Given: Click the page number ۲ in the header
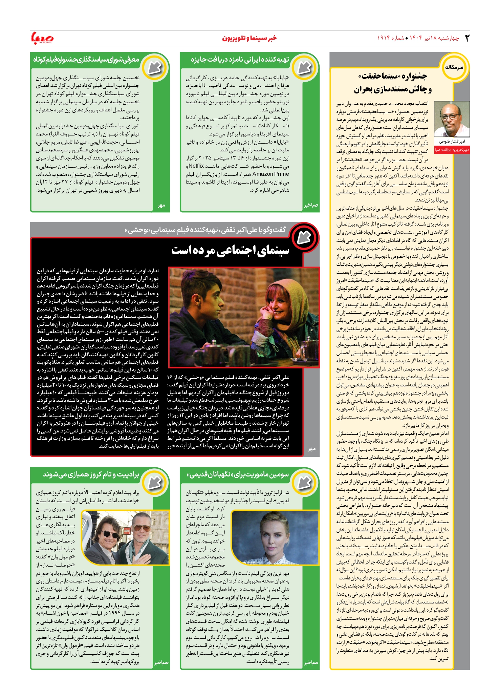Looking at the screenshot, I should click(x=467, y=38).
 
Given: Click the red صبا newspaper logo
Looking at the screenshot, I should click(x=42, y=38).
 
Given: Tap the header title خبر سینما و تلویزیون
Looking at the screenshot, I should click(x=249, y=38).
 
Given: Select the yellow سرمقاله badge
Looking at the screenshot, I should click(x=454, y=67).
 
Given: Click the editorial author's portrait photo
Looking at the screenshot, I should click(x=452, y=119).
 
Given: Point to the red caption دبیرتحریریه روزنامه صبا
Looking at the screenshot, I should click(x=452, y=149).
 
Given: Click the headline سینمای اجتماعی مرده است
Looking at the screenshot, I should click(x=230, y=251).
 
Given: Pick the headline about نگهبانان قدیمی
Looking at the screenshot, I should click(x=238, y=474).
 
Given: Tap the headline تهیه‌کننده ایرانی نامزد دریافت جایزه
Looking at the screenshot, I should click(x=240, y=60).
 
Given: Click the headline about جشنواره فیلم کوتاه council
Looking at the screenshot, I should click(x=86, y=60).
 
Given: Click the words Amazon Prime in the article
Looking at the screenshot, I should click(x=270, y=174).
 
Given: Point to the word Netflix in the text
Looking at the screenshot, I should click(x=196, y=166).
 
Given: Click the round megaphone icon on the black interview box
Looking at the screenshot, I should click(x=304, y=238).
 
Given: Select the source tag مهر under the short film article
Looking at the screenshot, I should click(x=161, y=206).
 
